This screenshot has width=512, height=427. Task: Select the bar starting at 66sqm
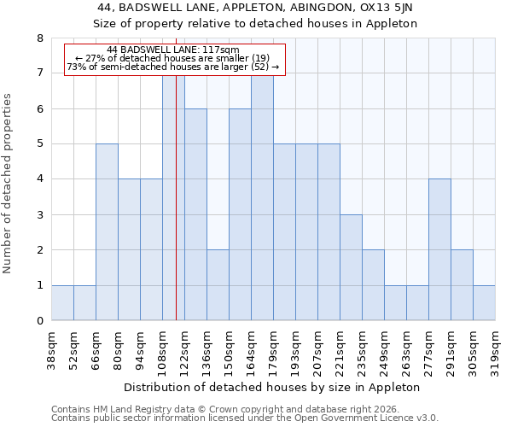[x=107, y=232]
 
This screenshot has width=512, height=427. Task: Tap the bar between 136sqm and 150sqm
[x=218, y=285]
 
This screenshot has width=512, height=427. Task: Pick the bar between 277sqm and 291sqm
[x=439, y=249]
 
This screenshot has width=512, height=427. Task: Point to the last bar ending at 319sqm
[x=484, y=303]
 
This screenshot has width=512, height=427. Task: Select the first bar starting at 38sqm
[x=62, y=303]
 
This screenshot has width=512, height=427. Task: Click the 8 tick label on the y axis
[x=39, y=38]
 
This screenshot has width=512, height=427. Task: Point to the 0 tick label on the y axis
[x=39, y=321]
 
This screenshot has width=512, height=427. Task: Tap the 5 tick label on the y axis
[x=39, y=144]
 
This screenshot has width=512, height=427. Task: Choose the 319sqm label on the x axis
[x=496, y=349]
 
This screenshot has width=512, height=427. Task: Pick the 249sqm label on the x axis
[x=385, y=349]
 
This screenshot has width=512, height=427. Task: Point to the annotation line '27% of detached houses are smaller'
[x=173, y=58]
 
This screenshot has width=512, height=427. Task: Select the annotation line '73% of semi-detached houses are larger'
[x=173, y=67]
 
